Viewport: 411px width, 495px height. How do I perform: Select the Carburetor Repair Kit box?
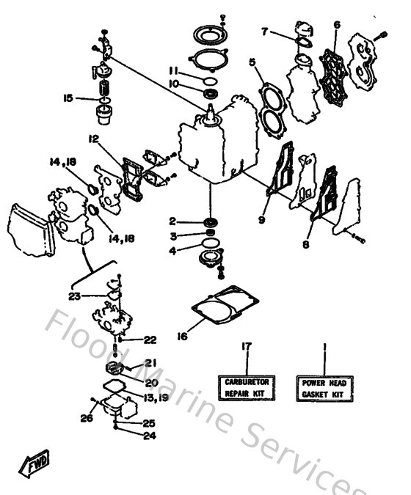point(246,386)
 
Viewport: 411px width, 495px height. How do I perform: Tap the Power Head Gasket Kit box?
point(324,386)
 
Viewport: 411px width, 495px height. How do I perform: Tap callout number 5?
point(252,63)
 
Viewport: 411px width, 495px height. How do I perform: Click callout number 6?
point(336,26)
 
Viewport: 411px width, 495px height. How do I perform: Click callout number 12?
point(95,138)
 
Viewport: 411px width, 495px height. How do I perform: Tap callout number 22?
point(150,340)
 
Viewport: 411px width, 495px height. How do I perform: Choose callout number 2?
point(172,221)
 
